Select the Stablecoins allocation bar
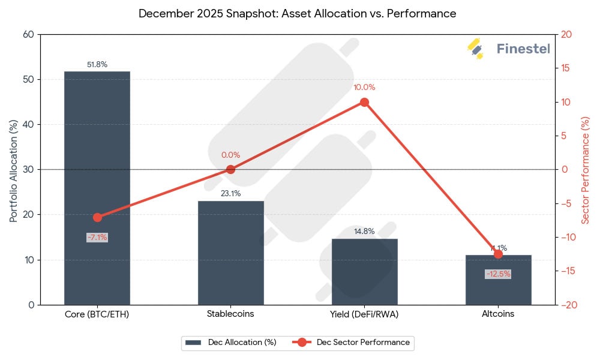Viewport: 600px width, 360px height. tap(230, 253)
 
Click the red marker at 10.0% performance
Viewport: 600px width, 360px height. tap(364, 102)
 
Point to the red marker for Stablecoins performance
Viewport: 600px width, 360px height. tap(230, 169)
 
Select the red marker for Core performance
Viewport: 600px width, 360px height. tap(97, 217)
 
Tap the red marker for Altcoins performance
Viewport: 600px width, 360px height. tap(498, 254)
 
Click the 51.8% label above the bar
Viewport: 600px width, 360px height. tap(97, 65)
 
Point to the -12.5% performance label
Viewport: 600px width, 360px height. tap(498, 274)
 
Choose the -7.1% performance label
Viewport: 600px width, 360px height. tap(97, 238)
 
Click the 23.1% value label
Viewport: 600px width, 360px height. tap(230, 194)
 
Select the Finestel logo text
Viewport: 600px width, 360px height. tap(523, 49)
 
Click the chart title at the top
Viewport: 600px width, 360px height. tap(297, 13)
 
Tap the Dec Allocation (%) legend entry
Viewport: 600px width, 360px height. tap(231, 343)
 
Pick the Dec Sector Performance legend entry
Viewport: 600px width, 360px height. tap(354, 343)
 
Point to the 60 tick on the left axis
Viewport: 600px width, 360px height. tap(28, 34)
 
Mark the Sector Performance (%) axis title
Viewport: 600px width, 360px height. tap(586, 170)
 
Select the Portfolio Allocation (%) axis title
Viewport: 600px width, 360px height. tap(13, 170)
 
